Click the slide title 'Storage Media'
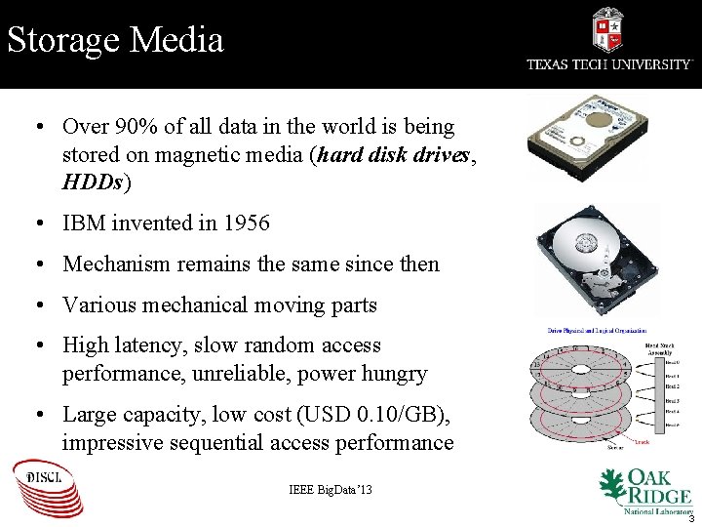click(115, 40)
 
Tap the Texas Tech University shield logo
click(607, 30)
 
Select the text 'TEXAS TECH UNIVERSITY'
click(609, 64)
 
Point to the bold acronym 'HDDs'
click(94, 182)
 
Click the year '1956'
click(246, 223)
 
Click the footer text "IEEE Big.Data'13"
click(331, 488)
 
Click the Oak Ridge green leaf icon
click(611, 485)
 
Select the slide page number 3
click(689, 518)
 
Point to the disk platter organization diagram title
click(597, 333)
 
